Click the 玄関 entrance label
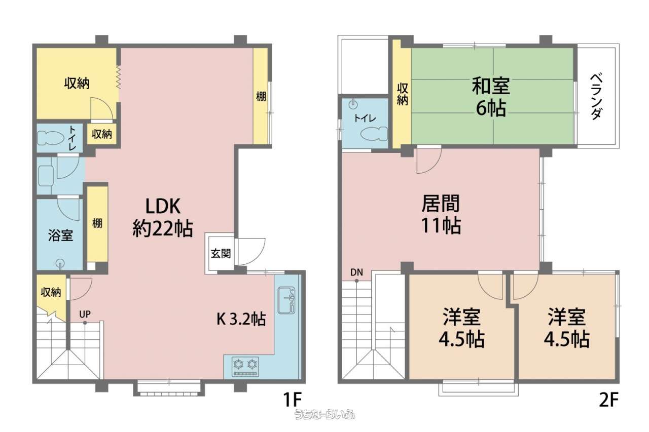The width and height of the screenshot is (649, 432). (x=221, y=254)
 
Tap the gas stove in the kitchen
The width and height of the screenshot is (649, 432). (x=245, y=367)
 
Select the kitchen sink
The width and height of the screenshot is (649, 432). (x=286, y=300)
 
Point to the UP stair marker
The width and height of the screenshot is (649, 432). (x=85, y=314)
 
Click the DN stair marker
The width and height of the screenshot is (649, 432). (x=356, y=272)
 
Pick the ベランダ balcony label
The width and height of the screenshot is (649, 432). (x=596, y=97)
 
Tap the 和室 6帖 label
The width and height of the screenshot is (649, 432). (x=491, y=97)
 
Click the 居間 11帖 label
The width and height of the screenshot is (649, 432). (x=441, y=214)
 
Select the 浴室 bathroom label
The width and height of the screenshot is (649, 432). (x=60, y=235)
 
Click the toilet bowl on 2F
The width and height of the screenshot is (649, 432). (x=374, y=134)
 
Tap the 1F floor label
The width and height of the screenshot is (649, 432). (x=293, y=400)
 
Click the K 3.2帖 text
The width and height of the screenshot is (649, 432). (x=241, y=319)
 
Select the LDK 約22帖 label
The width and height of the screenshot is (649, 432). (x=163, y=217)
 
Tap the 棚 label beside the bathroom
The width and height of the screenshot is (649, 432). (x=97, y=223)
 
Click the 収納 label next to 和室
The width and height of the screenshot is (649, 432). (x=403, y=94)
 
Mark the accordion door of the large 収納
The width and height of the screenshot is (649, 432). (x=119, y=77)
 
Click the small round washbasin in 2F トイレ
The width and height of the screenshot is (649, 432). (x=352, y=105)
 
